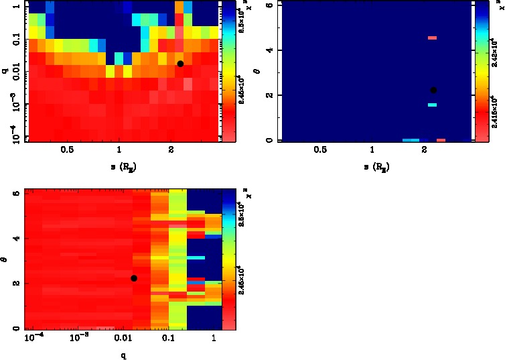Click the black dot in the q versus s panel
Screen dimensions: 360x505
point(180,64)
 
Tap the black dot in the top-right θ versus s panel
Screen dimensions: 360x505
point(433,90)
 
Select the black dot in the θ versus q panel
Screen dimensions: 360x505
point(134,278)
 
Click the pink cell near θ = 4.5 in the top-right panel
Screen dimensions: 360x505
point(432,38)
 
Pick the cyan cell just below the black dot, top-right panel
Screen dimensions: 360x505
point(432,105)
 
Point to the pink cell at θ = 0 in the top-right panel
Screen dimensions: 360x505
point(441,140)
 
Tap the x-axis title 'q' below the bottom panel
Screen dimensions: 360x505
point(124,356)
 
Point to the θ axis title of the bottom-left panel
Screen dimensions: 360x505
point(5,258)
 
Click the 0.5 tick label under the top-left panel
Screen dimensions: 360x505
point(67,150)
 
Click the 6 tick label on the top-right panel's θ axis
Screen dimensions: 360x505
point(268,5)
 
